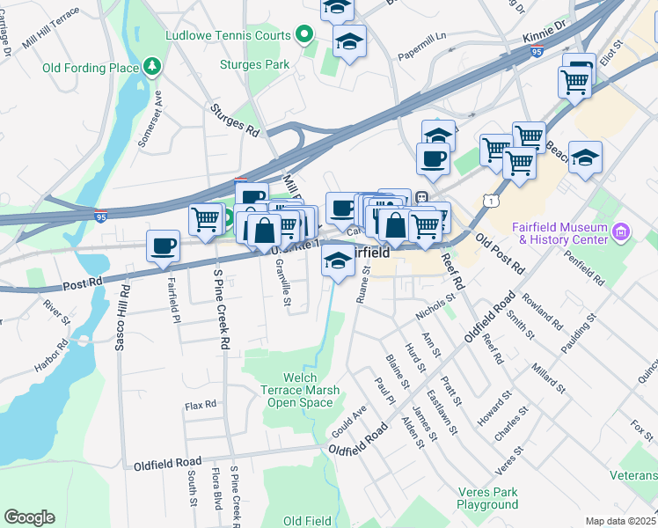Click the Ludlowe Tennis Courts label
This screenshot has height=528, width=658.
[228, 35]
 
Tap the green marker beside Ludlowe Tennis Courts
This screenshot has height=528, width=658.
[305, 35]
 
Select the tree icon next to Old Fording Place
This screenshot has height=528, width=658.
[152, 67]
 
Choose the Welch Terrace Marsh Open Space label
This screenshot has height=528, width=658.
[300, 390]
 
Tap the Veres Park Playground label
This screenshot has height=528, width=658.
[487, 499]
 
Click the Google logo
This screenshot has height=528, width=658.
[29, 517]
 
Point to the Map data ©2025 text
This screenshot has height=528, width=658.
[621, 521]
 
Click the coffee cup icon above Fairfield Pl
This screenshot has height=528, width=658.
[164, 246]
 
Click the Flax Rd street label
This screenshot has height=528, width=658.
[200, 406]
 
